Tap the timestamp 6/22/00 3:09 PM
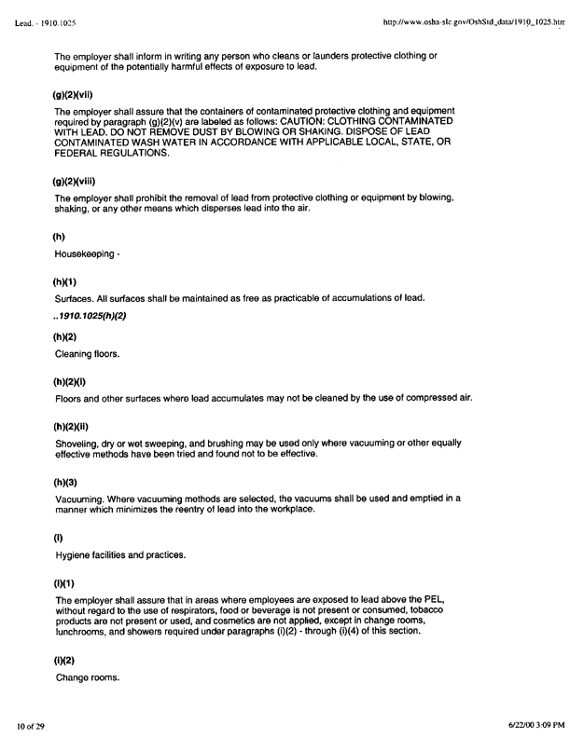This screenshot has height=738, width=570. click(x=524, y=724)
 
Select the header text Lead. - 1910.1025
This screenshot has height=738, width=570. click(x=46, y=19)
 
